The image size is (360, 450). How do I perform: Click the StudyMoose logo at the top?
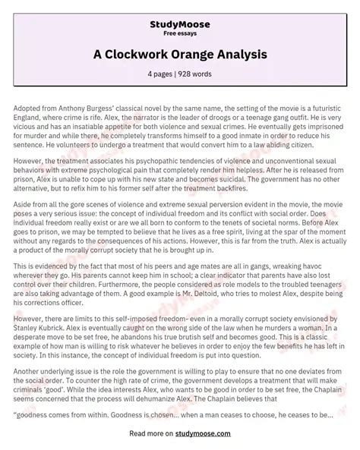click(179, 12)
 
